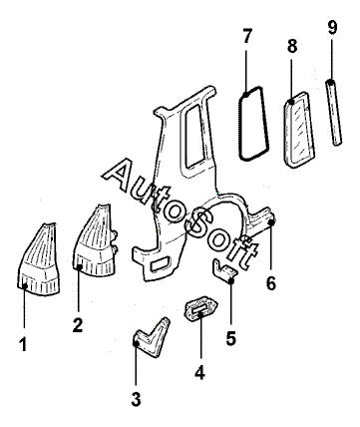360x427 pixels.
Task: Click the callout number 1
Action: (23, 344)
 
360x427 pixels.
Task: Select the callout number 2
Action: (78, 324)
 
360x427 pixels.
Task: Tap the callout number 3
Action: (136, 399)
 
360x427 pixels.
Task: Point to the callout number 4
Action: (199, 372)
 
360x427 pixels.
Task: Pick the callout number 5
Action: (230, 338)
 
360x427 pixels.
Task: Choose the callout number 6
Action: (271, 283)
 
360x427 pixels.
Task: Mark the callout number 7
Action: (247, 36)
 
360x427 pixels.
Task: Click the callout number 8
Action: (292, 46)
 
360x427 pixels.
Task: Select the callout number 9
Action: (332, 27)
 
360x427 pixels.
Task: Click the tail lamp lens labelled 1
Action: (38, 262)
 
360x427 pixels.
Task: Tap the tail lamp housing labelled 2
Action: (96, 242)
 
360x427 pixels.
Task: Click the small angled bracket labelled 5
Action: (224, 271)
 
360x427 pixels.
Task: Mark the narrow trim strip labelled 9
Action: (333, 112)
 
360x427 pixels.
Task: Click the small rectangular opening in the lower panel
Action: (161, 264)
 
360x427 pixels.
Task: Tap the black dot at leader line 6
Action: (271, 222)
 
